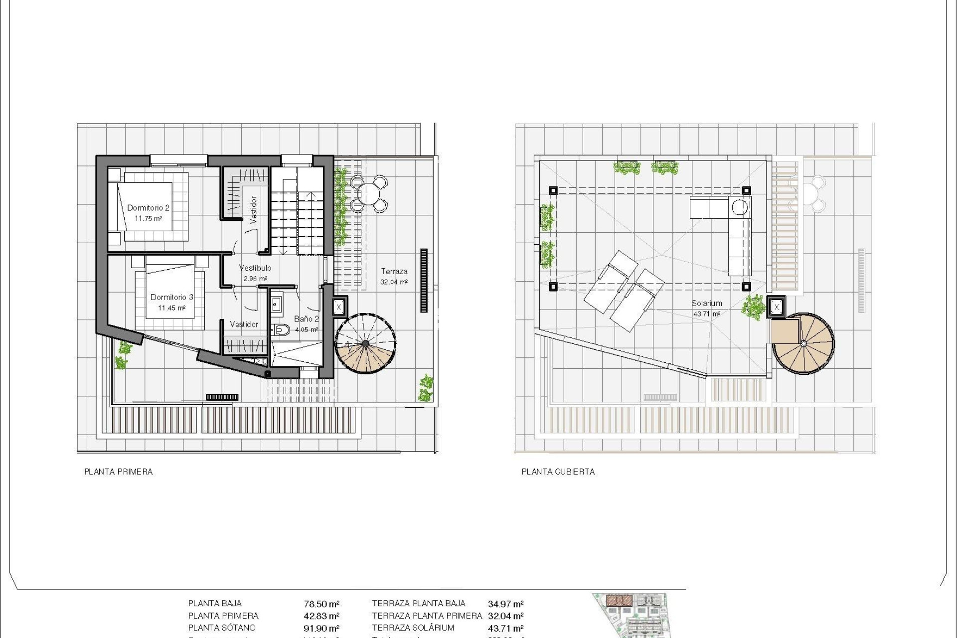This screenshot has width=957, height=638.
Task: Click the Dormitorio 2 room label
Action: point(148,208)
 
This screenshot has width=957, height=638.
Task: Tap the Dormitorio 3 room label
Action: point(171,297)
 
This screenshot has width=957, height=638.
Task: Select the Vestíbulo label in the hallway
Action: point(255,268)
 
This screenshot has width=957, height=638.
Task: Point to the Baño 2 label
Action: point(306,319)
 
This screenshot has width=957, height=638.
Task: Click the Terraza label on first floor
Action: point(394,272)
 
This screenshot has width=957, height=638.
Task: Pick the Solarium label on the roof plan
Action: point(706,303)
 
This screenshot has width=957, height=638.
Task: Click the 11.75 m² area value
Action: point(148,219)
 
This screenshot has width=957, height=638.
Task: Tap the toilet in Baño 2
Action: point(282,329)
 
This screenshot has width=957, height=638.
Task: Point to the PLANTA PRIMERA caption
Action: point(119,472)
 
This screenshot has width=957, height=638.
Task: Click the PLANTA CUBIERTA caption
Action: point(558,472)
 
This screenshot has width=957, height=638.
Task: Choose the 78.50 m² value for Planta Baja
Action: point(321,604)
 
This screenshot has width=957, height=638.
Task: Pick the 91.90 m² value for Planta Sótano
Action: point(321,629)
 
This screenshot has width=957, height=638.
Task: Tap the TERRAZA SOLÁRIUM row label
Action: point(413,628)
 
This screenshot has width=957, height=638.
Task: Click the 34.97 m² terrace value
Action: point(505,604)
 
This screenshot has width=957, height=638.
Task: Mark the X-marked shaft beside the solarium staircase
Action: point(777,308)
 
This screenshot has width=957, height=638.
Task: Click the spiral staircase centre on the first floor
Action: point(366,343)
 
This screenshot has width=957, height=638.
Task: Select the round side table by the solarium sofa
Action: point(740,207)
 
